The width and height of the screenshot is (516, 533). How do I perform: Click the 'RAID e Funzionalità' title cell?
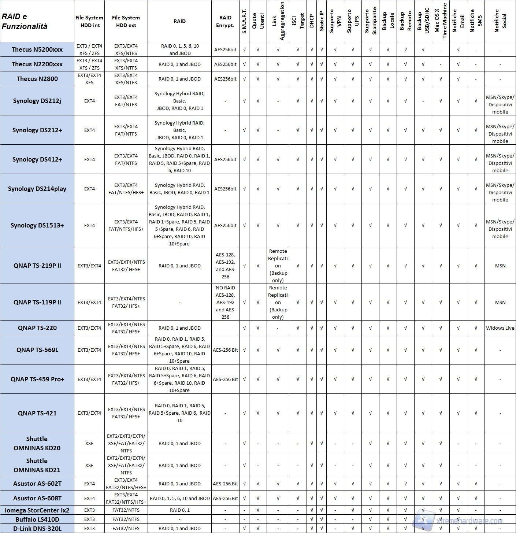click(25, 21)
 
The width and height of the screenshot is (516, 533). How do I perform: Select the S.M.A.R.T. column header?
click(244, 21)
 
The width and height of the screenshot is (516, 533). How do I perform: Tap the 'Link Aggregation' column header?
click(278, 21)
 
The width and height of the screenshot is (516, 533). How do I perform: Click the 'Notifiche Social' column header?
click(500, 21)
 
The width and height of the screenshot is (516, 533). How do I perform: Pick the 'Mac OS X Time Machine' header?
click(441, 21)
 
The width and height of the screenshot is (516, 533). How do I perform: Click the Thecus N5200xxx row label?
click(37, 49)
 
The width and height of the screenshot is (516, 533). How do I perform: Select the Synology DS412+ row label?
click(37, 159)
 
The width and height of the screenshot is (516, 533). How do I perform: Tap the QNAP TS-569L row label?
click(37, 350)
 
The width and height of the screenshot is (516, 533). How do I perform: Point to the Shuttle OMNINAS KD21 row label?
click(37, 465)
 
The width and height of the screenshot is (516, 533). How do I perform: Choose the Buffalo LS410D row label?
click(37, 519)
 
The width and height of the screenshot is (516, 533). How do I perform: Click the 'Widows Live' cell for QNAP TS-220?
click(500, 328)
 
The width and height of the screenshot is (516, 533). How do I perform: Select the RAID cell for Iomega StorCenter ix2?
click(179, 510)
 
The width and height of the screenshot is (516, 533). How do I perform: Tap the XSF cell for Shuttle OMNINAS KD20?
click(89, 443)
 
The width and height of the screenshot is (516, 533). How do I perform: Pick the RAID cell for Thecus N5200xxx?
click(179, 49)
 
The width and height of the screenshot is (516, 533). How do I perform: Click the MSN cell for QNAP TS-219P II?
click(500, 266)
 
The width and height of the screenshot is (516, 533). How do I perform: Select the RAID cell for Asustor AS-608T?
click(179, 498)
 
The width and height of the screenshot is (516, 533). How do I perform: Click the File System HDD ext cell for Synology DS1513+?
click(126, 225)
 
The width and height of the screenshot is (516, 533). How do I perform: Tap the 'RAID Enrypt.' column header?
click(225, 21)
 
